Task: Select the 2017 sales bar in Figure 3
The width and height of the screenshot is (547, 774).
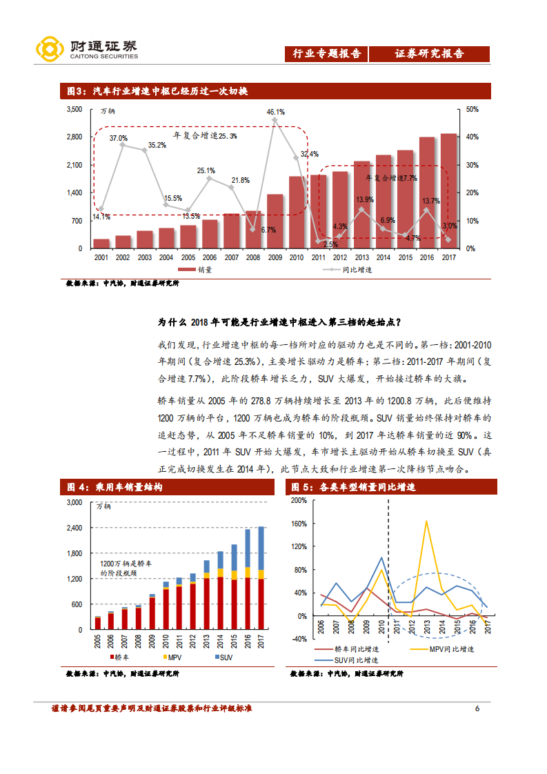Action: (x=448, y=191)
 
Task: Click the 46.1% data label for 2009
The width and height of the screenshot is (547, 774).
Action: (x=276, y=112)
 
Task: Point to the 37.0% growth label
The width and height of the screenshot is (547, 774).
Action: (x=119, y=138)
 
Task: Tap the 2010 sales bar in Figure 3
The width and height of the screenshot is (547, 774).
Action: (x=297, y=212)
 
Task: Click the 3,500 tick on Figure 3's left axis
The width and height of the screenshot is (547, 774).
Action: (x=74, y=110)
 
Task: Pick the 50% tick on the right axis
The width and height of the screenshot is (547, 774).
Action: (x=472, y=110)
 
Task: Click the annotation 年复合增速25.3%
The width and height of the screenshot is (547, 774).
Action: (x=205, y=136)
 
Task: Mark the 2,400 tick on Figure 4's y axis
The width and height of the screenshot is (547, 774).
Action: (x=73, y=528)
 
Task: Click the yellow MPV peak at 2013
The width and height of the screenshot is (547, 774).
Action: (x=426, y=522)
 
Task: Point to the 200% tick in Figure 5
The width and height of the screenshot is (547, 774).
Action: (x=298, y=501)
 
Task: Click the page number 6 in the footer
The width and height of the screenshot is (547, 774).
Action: (x=477, y=708)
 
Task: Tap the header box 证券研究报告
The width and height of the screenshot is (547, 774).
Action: (x=429, y=54)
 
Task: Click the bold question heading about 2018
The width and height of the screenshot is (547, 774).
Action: (x=279, y=322)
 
